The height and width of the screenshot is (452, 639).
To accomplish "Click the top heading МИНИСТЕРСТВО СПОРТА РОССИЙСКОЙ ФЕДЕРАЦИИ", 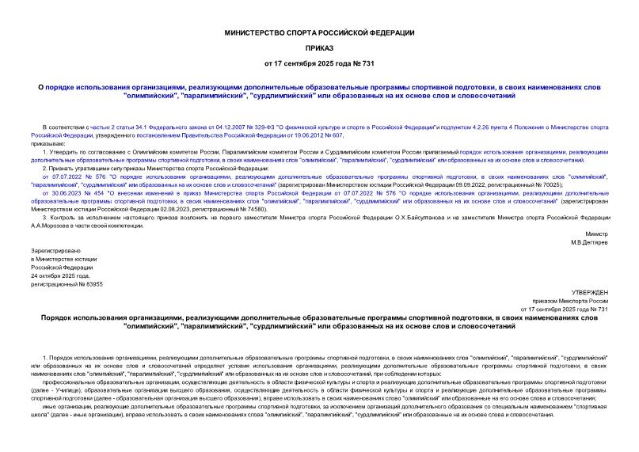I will point(320,32).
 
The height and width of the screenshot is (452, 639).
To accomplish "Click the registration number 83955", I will point(90,283).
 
